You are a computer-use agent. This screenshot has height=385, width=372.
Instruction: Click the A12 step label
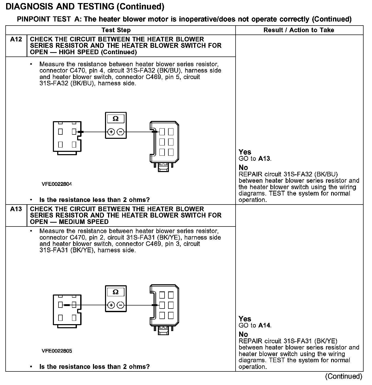[x=16, y=40]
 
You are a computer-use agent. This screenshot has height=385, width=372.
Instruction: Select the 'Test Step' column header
[x=116, y=30]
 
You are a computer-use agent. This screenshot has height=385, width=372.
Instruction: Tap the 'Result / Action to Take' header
[x=299, y=30]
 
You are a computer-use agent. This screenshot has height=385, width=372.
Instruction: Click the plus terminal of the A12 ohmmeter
[x=111, y=132]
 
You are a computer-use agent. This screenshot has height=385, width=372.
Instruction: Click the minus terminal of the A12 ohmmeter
[x=121, y=132]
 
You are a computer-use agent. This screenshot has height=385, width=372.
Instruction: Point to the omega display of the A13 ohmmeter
[x=115, y=292]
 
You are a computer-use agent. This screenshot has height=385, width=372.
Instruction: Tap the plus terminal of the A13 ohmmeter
[x=111, y=305]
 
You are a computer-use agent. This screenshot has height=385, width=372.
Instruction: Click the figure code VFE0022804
[x=57, y=184]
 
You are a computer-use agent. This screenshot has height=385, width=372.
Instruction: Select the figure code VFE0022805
[x=57, y=351]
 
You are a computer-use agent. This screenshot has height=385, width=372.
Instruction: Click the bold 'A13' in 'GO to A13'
[x=264, y=159]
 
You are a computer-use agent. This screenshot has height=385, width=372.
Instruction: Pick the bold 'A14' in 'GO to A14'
[x=264, y=325]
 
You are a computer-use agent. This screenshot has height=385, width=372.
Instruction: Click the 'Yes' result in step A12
[x=245, y=152]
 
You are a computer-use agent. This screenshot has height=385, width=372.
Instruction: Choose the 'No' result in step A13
[x=243, y=334]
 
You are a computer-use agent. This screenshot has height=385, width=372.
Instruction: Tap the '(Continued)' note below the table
[x=343, y=376]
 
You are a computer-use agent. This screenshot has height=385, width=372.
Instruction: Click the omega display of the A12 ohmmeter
[x=115, y=119]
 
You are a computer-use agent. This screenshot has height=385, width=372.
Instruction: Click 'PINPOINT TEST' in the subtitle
[x=44, y=19]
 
